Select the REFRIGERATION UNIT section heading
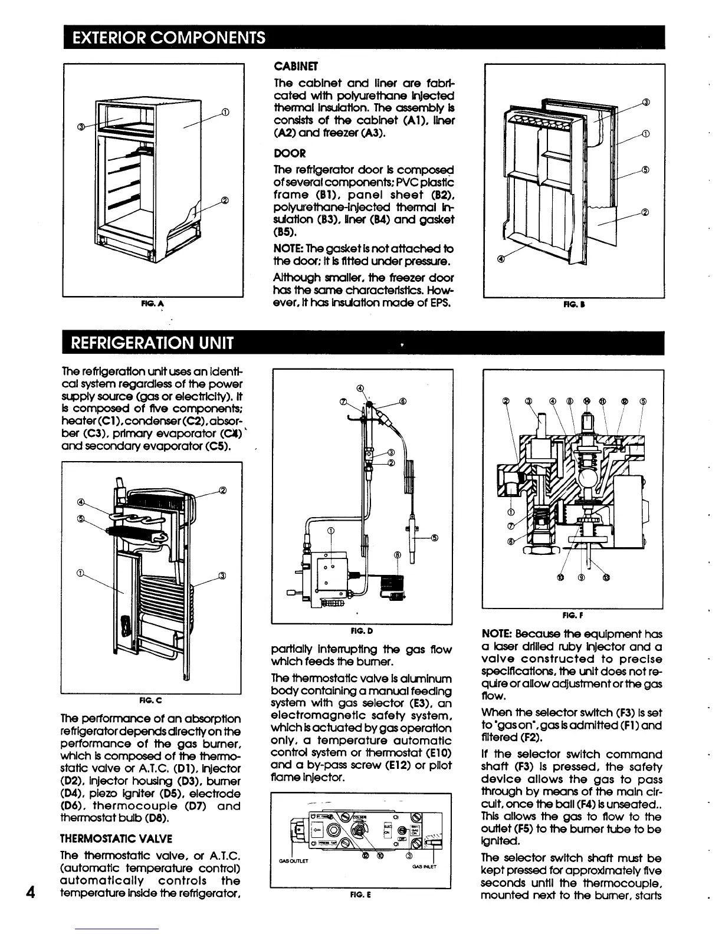(x=152, y=343)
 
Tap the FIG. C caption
(x=151, y=700)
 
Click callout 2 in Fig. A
(x=225, y=199)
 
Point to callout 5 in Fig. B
(x=645, y=170)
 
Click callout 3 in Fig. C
(x=225, y=576)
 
